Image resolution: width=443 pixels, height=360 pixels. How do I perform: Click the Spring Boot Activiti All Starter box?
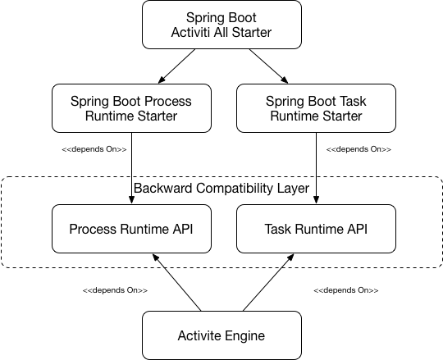(221, 25)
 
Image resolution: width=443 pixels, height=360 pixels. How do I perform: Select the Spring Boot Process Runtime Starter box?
(131, 108)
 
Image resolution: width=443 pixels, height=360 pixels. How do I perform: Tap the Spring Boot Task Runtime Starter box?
(316, 108)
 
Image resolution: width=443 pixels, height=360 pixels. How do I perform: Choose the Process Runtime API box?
(131, 229)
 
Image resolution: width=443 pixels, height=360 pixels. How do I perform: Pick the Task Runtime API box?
(316, 229)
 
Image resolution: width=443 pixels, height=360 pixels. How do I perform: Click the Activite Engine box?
(221, 335)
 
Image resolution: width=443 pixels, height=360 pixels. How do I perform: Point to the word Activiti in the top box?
(194, 33)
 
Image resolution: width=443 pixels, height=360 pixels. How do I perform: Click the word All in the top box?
(226, 33)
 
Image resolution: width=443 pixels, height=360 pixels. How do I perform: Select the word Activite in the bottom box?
(200, 335)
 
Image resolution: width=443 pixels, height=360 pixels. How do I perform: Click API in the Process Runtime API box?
(182, 229)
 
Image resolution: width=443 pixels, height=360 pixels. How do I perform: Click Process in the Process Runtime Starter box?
(169, 101)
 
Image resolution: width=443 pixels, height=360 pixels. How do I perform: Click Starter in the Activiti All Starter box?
(254, 33)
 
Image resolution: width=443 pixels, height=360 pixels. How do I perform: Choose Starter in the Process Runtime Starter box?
(158, 116)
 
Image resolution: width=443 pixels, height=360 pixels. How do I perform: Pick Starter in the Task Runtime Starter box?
(343, 116)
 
